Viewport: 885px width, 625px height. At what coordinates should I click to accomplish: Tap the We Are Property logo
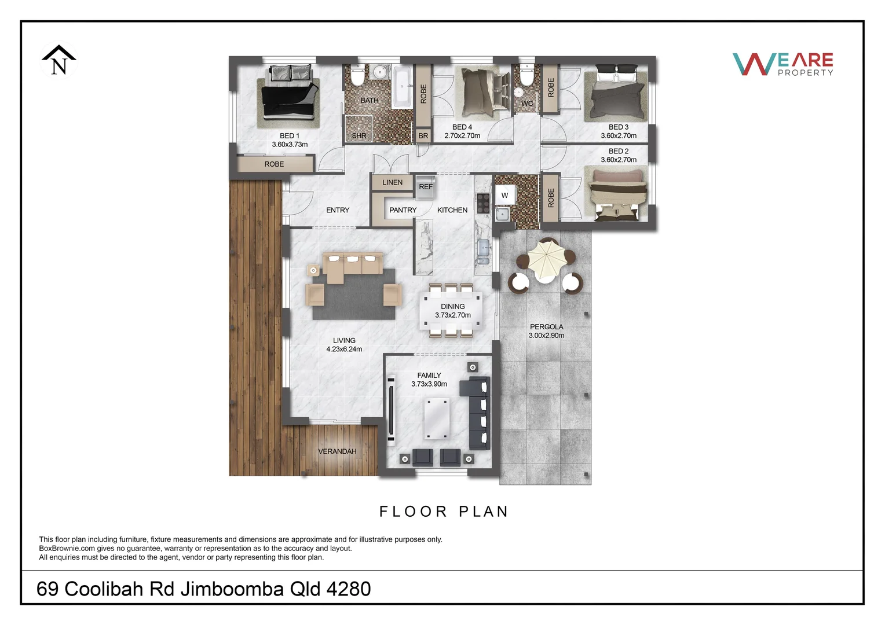pos(782,64)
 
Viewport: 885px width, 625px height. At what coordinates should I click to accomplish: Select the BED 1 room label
pos(290,136)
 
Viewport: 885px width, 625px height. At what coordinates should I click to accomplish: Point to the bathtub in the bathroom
pos(403,87)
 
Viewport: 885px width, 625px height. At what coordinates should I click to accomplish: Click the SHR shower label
pos(359,136)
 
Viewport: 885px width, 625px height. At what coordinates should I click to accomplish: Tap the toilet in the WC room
pos(526,75)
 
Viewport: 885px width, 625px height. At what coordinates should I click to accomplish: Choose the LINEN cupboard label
pos(392,182)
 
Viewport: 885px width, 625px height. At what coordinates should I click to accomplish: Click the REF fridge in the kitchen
pos(426,187)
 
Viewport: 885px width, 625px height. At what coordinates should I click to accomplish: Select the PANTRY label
pos(403,210)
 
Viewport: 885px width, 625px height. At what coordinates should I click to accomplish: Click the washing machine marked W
pos(504,196)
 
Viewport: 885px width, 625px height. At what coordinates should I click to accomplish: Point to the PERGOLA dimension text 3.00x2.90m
pos(546,336)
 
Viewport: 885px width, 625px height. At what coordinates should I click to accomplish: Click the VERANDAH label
pos(337,451)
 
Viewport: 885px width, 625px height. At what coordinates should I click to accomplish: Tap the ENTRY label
pos(338,210)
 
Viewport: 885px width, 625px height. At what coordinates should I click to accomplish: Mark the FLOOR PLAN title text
pos(444,512)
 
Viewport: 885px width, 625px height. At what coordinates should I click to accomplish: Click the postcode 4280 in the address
pos(349,589)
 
